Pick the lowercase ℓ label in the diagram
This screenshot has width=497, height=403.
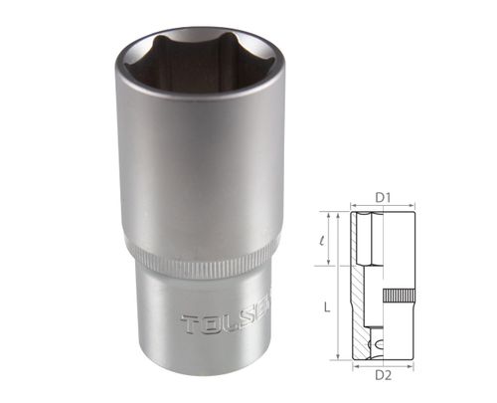tap(325, 239)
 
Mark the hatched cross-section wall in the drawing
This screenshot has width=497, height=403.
tap(360, 299)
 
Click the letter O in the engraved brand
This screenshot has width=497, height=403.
tap(210, 324)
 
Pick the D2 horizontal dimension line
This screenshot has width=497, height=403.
tap(382, 365)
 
